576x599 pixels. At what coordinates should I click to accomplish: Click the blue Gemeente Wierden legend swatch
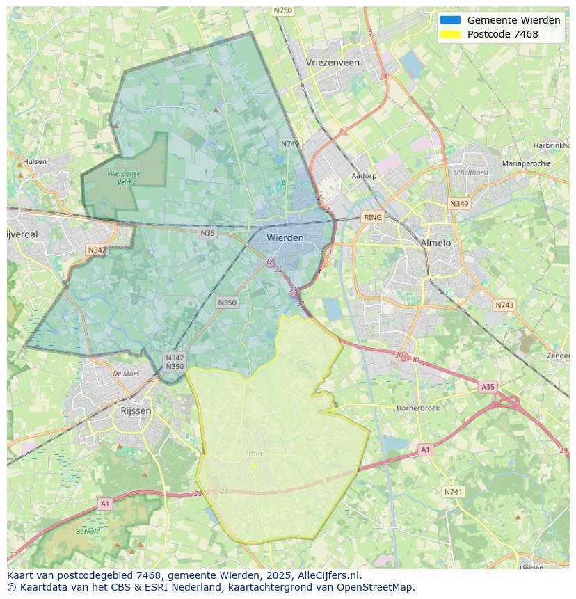pyautogui.click(x=450, y=20)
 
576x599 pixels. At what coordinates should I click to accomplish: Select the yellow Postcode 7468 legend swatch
pyautogui.click(x=450, y=34)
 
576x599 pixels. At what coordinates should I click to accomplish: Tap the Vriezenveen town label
pyautogui.click(x=333, y=62)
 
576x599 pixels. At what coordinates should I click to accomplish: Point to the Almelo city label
pyautogui.click(x=435, y=243)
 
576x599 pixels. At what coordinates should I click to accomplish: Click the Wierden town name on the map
pyautogui.click(x=285, y=237)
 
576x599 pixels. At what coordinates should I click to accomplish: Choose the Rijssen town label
pyautogui.click(x=136, y=410)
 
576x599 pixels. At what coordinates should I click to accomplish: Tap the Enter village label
pyautogui.click(x=253, y=454)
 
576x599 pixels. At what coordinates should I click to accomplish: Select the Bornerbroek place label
pyautogui.click(x=418, y=408)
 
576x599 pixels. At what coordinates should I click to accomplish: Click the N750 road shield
pyautogui.click(x=282, y=10)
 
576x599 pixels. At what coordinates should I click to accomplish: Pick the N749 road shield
pyautogui.click(x=290, y=144)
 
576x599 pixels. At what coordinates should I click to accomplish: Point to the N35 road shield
pyautogui.click(x=207, y=233)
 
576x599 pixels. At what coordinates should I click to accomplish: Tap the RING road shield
pyautogui.click(x=373, y=217)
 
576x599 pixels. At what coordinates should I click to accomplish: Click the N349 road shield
pyautogui.click(x=459, y=204)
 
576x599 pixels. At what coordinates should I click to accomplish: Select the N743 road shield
pyautogui.click(x=504, y=305)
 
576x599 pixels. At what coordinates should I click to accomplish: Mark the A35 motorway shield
pyautogui.click(x=488, y=387)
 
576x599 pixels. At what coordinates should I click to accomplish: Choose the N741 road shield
pyautogui.click(x=453, y=492)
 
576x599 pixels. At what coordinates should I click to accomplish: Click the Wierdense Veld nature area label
pyautogui.click(x=124, y=177)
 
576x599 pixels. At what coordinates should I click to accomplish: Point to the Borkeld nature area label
pyautogui.click(x=88, y=531)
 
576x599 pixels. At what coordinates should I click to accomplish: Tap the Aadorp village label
pyautogui.click(x=364, y=176)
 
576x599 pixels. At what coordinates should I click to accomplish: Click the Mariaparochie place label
pyautogui.click(x=526, y=163)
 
